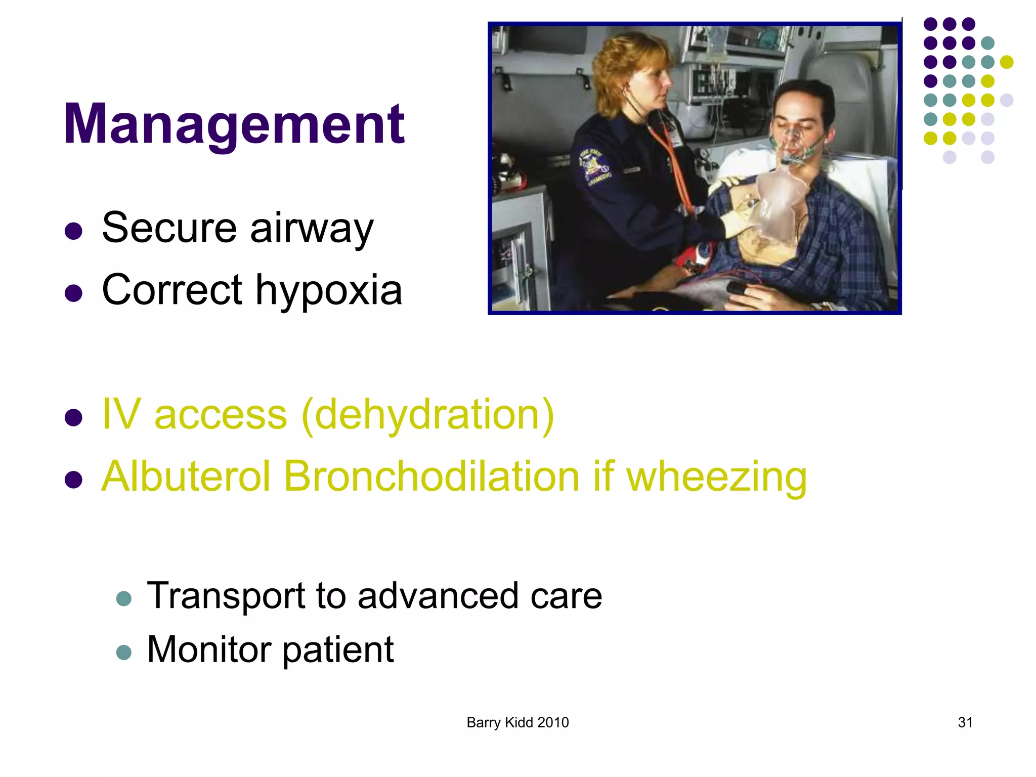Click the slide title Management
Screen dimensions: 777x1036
[x=234, y=124]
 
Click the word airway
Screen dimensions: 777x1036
[x=312, y=229]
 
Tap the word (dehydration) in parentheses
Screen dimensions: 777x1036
[x=428, y=415]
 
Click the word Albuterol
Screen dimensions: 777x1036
[x=186, y=477]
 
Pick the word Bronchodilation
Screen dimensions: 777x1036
[x=431, y=477]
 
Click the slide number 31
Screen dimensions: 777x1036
[x=965, y=722]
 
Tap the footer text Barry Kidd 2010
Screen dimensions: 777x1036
[x=517, y=722]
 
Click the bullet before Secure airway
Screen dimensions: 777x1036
[x=74, y=231]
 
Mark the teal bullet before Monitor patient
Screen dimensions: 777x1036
[x=124, y=653]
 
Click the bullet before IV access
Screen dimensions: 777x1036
[x=74, y=418]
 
